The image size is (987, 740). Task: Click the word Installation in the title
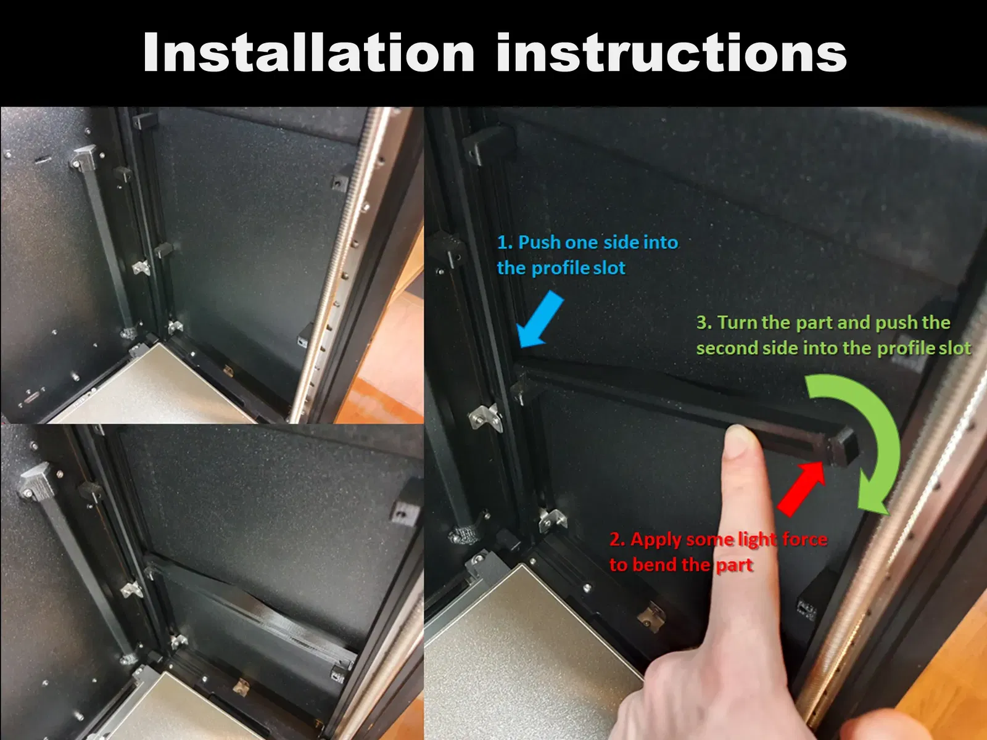click(309, 52)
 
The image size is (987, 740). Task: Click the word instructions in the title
click(672, 52)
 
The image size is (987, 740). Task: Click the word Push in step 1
click(539, 242)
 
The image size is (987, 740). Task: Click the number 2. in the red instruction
click(617, 539)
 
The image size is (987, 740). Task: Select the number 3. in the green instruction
click(704, 323)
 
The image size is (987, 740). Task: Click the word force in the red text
click(804, 539)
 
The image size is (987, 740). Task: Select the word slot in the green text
click(954, 348)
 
